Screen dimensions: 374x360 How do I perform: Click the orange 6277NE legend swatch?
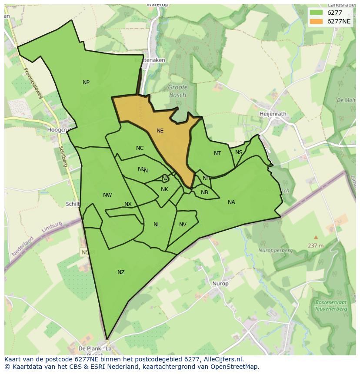316,21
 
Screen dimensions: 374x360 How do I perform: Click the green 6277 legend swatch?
316,13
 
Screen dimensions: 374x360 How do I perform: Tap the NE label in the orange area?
160,131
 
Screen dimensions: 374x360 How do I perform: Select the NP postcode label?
86,83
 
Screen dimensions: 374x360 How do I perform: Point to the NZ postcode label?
121,272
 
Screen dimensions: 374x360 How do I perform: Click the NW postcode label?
107,195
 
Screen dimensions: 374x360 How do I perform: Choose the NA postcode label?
231,202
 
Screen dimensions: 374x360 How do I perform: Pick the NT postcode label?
217,153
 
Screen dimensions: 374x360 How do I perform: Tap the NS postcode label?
239,152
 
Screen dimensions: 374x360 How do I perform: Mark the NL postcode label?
157,225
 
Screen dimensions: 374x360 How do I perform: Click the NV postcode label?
183,225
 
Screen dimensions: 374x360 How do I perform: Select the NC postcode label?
140,148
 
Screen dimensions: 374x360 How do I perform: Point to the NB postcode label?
204,192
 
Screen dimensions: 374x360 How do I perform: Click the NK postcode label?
164,189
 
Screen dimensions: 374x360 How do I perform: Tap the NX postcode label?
128,204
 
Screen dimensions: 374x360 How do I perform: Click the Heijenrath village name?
273,114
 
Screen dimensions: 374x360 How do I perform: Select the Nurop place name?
220,284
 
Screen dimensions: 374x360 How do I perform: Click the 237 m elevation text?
316,245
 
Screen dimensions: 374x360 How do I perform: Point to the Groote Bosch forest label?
177,91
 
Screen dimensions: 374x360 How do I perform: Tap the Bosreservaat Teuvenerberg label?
331,306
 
